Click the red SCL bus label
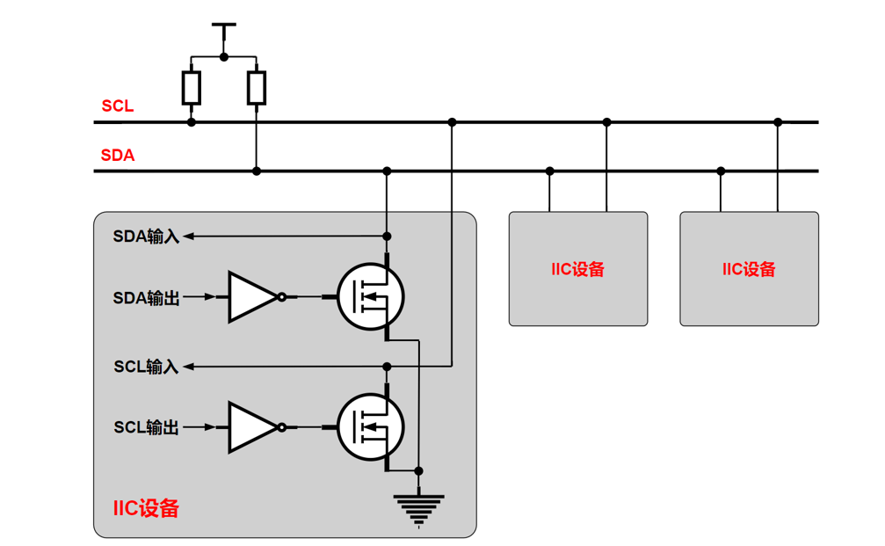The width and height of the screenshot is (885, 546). (x=117, y=106)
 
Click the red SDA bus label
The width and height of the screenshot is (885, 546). (x=117, y=156)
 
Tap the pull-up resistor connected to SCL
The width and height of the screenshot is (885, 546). (x=192, y=88)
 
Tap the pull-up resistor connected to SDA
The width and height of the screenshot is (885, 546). (x=257, y=88)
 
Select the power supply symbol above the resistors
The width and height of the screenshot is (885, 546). (x=224, y=33)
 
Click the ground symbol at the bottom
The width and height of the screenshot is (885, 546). (x=419, y=510)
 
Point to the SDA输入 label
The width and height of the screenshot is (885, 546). (x=146, y=236)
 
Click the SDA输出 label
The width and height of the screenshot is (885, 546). (x=146, y=298)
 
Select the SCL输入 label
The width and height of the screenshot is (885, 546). (x=146, y=366)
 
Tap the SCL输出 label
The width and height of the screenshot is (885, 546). (x=146, y=428)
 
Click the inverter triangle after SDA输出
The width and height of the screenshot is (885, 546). (x=251, y=297)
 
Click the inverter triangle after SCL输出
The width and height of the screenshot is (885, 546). (x=251, y=427)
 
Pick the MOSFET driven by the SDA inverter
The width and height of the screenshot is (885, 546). (x=371, y=297)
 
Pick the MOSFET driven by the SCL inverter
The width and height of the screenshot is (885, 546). (x=371, y=427)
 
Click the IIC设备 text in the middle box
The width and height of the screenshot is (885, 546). (x=578, y=269)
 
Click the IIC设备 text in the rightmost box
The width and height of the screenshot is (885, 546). (x=749, y=269)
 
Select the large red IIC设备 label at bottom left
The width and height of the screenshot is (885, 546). (x=146, y=508)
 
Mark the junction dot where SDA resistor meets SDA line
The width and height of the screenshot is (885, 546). (x=257, y=171)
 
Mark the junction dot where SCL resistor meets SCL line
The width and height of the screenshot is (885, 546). (x=192, y=122)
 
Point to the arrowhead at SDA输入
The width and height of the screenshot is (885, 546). (x=187, y=236)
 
